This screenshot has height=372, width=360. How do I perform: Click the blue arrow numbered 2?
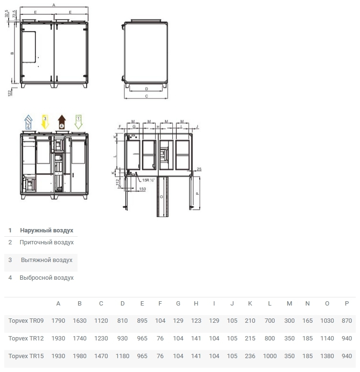[x=28, y=122]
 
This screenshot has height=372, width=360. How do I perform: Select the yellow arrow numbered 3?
[x=45, y=122]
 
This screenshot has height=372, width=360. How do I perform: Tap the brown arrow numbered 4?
[x=62, y=122]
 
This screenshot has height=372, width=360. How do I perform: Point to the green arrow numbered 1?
[x=79, y=122]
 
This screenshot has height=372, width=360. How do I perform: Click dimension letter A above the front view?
[x=54, y=4]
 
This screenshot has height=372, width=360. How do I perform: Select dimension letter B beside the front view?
[x=12, y=54]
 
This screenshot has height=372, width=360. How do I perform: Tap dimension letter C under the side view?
[x=146, y=96]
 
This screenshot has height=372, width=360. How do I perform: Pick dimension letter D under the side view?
[x=146, y=89]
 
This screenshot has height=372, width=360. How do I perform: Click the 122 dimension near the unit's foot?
[x=10, y=92]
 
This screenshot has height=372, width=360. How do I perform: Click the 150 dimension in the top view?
[x=142, y=189]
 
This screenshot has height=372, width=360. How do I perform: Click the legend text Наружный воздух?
[x=46, y=230]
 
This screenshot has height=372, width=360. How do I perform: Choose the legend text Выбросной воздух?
[x=46, y=278]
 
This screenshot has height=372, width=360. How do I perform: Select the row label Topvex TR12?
[x=26, y=338]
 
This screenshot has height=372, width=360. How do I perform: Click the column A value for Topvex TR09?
[x=58, y=320]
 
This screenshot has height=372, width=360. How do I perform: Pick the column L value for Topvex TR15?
[x=270, y=356]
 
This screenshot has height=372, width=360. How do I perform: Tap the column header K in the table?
[x=250, y=303]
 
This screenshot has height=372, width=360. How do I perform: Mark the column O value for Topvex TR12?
[x=327, y=338]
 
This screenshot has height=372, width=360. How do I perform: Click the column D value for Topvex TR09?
[x=123, y=320]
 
